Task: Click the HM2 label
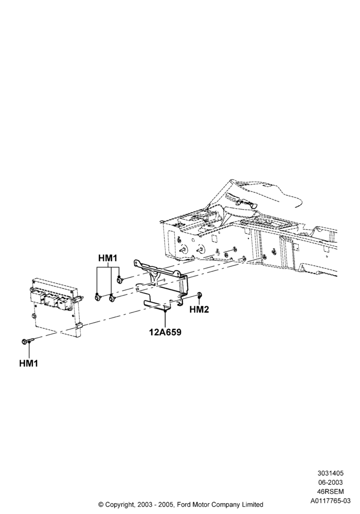199,309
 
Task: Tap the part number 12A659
165,332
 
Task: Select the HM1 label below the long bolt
28,363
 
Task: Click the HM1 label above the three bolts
107,259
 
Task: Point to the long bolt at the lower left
28,341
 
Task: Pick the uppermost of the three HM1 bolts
120,279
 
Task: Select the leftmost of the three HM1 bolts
97,297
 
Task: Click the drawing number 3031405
331,473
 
